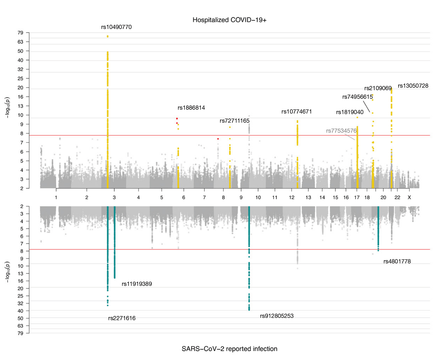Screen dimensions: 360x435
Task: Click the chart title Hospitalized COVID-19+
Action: [229, 20]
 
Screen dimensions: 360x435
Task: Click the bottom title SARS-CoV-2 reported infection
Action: [229, 349]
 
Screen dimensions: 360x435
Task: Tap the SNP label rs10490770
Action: [116, 27]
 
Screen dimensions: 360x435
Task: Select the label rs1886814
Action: [191, 108]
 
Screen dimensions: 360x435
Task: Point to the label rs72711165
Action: [234, 121]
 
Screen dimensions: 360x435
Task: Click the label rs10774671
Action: [296, 112]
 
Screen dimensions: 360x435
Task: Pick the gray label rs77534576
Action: [341, 131]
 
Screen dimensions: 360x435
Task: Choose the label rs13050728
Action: [413, 86]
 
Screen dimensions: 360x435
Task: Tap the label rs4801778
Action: [397, 261]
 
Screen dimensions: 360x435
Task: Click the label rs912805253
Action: [276, 316]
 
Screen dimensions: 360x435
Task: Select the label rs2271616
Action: [122, 318]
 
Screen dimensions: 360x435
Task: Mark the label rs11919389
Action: [136, 284]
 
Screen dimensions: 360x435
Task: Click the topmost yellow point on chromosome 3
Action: [108, 36]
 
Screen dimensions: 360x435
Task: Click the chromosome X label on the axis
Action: [409, 197]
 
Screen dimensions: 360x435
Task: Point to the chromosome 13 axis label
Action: [308, 197]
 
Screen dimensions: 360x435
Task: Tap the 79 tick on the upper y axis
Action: [20, 33]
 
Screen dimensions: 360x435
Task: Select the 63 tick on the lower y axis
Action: [20, 326]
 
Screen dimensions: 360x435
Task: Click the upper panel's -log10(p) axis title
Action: [7, 107]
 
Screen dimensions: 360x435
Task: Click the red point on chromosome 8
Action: [218, 139]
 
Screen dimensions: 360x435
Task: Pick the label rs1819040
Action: [349, 112]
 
